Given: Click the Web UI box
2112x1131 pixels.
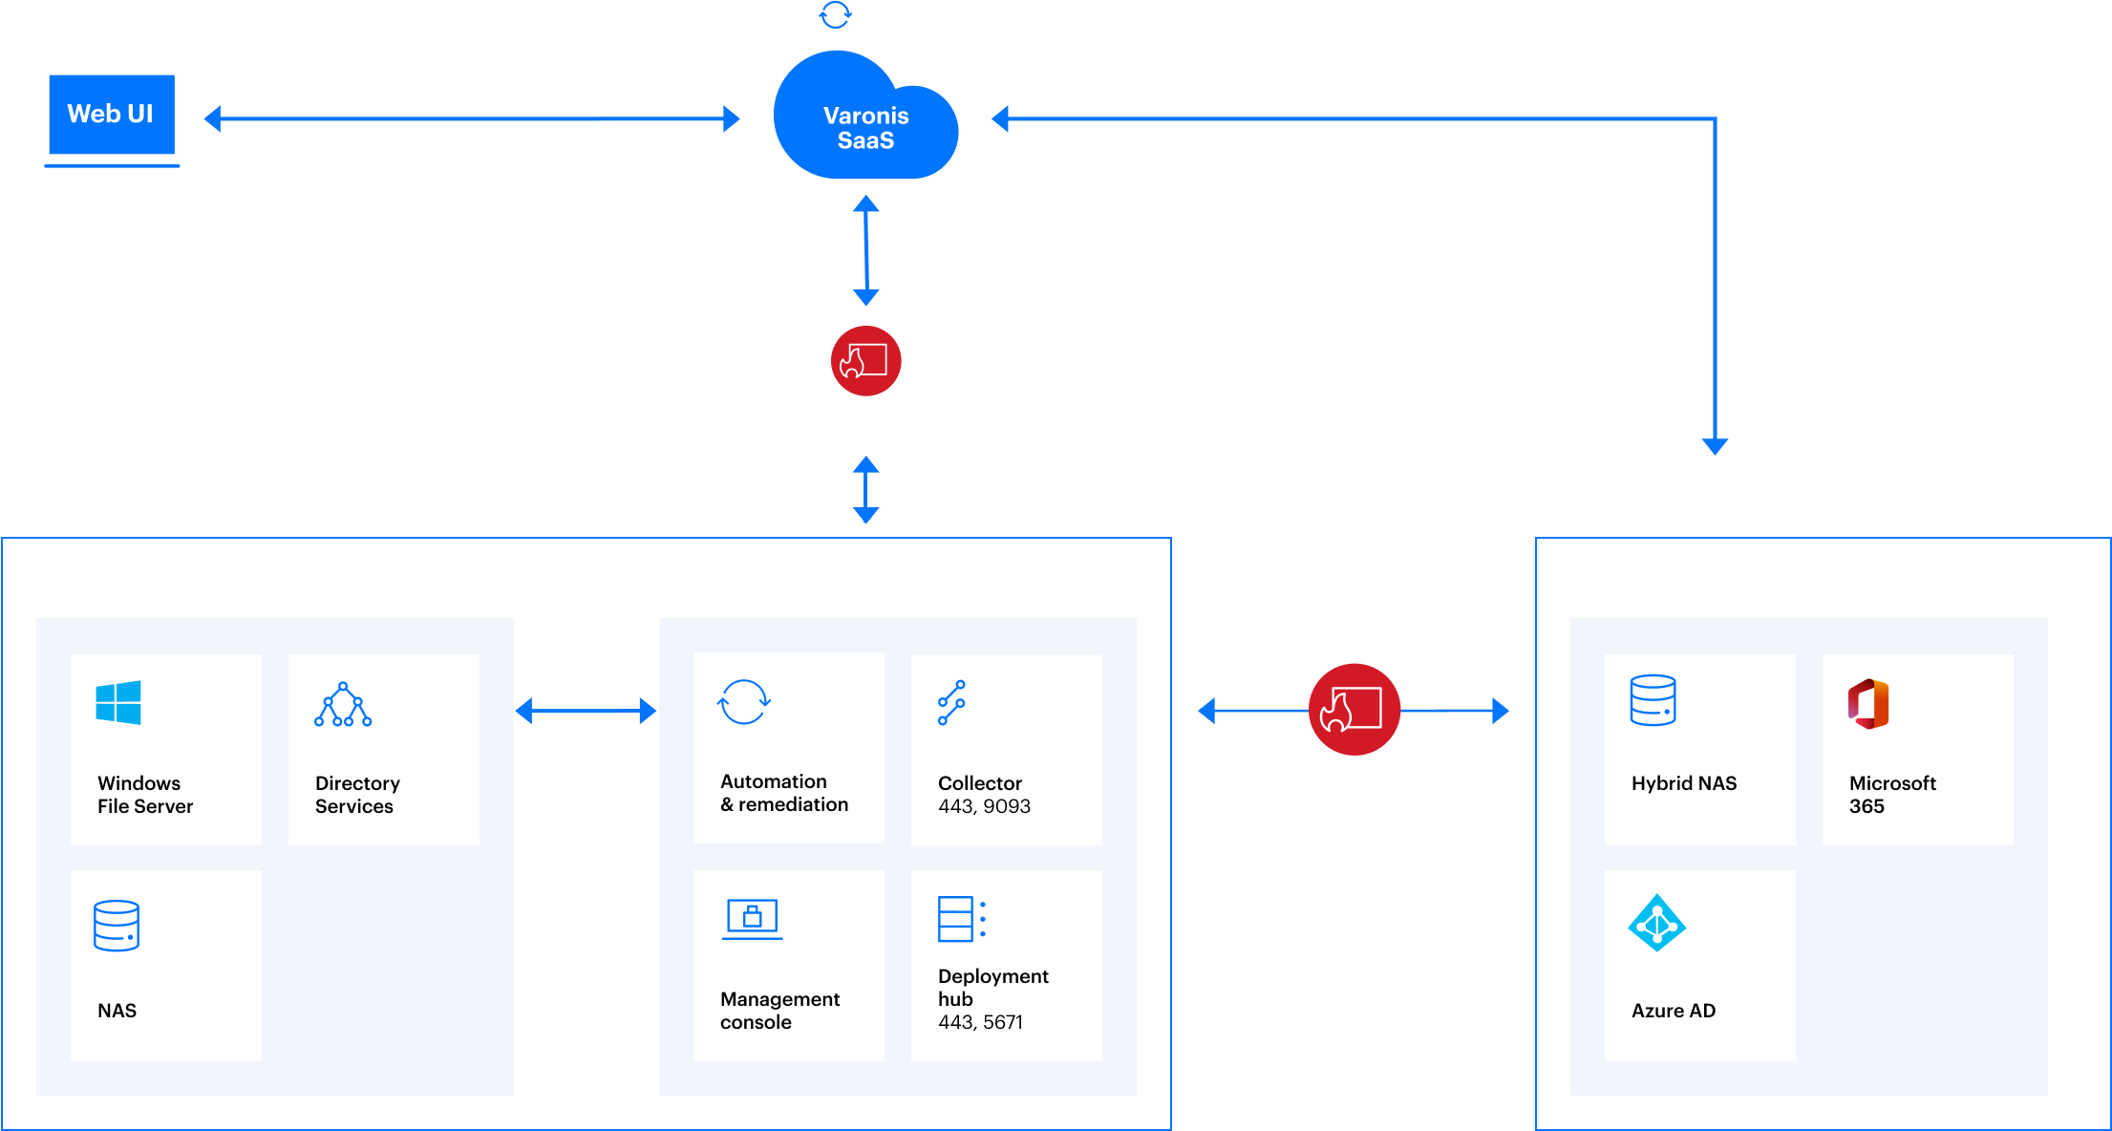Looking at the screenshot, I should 111,115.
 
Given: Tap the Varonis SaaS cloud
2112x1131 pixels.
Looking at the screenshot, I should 865,124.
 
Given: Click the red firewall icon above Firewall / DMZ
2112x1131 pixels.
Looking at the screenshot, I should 865,361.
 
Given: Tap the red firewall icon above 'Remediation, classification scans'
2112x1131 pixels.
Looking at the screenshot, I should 1354,710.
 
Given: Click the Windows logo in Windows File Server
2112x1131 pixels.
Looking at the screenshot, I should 118,703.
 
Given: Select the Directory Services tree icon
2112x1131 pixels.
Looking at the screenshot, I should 343,705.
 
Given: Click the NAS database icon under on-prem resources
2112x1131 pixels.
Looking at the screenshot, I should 117,926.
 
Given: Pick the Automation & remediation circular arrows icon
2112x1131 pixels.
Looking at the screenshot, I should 743,703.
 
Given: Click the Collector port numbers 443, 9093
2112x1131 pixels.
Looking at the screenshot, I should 984,806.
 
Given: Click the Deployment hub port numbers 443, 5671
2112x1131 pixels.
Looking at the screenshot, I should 980,1022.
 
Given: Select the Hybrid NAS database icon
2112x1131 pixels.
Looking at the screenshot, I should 1653,700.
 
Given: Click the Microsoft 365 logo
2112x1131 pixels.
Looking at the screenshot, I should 1868,704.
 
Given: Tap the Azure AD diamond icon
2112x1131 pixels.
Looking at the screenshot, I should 1656,923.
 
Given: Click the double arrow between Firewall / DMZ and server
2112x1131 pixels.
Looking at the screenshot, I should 865,490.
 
